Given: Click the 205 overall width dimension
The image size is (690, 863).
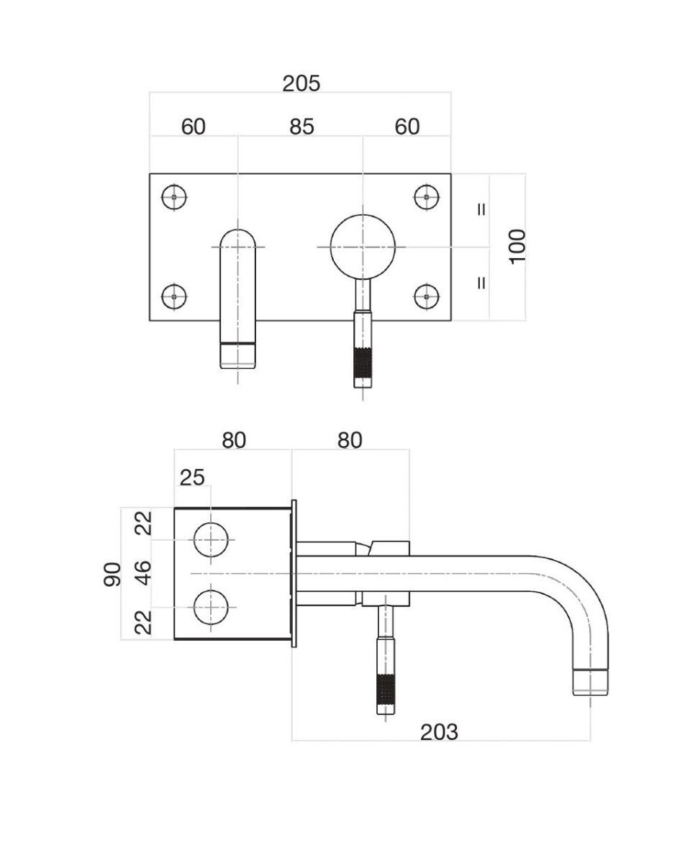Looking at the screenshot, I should click(301, 84).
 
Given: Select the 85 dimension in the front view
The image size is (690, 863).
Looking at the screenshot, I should click(301, 127).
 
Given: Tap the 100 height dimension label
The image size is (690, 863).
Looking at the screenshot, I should click(518, 246).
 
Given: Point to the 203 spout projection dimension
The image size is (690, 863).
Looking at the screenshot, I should click(439, 732).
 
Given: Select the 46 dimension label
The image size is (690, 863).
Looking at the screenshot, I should click(144, 573).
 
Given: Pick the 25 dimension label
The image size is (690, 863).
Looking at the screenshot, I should click(192, 477).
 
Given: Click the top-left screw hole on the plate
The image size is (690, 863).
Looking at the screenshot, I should click(174, 196).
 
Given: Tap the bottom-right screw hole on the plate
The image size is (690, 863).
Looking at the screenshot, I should click(427, 296).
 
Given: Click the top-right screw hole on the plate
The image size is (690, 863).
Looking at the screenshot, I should click(427, 196).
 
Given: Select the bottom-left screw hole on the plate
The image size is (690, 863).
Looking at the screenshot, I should click(174, 296).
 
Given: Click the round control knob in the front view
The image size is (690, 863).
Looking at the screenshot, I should click(363, 246).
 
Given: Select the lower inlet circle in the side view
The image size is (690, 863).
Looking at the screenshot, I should click(211, 607).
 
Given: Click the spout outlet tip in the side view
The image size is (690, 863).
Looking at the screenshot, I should click(590, 682).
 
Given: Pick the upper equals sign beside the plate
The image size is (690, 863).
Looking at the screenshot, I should click(481, 210).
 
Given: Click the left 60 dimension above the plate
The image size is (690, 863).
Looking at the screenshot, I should click(193, 127).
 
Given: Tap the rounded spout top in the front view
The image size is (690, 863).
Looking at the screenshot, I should click(237, 240).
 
